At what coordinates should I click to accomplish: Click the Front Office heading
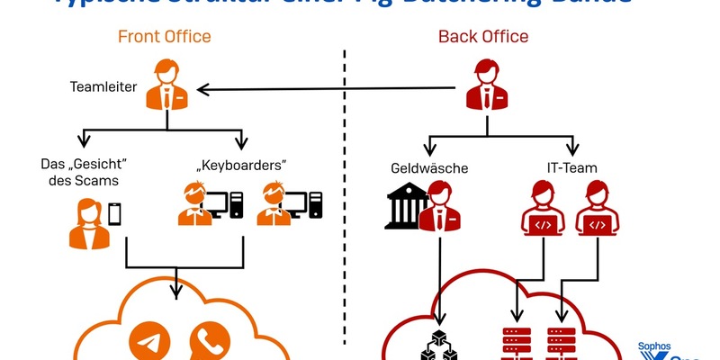(x=164, y=37)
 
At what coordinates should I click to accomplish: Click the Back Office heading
(x=483, y=37)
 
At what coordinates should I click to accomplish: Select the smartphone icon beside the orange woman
(x=115, y=213)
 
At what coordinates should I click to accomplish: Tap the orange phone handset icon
(x=208, y=347)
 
